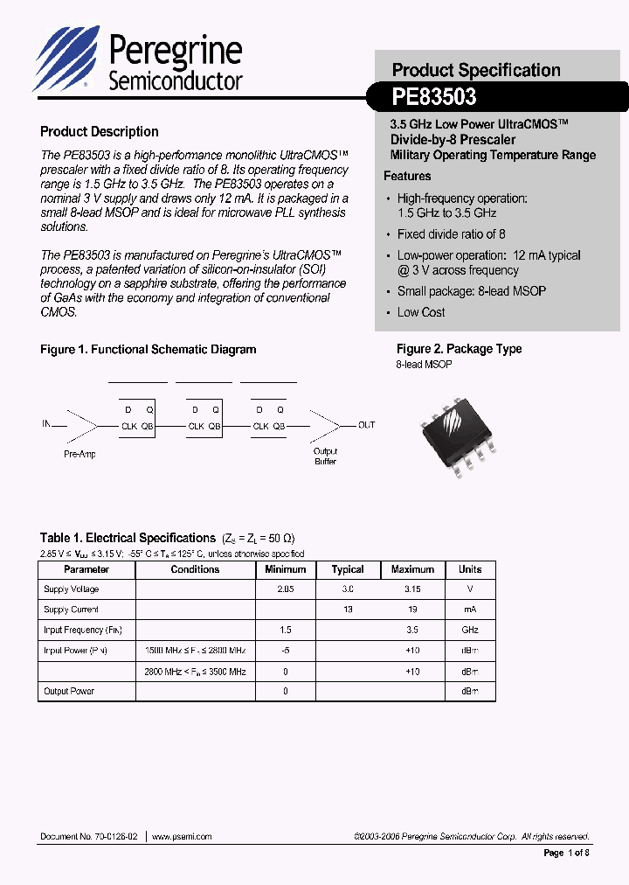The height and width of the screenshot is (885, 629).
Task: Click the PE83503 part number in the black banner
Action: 434,97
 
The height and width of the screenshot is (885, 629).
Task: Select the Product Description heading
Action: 100,132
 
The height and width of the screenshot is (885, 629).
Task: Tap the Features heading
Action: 407,176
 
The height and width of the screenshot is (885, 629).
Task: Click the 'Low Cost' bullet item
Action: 421,312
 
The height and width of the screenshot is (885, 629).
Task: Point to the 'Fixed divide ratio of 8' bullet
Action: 451,234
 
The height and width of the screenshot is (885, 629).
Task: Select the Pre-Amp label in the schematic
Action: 79,455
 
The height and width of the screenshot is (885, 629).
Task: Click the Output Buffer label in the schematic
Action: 325,456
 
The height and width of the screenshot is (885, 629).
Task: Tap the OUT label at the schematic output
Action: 366,425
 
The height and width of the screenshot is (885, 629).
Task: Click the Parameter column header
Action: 86,569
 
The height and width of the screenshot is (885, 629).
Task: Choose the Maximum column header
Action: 412,569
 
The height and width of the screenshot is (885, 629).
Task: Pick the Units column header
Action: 470,569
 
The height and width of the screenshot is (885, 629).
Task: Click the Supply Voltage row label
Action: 72,589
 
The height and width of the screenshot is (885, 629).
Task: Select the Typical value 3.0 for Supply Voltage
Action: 348,589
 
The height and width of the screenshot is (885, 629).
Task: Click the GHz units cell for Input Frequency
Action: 470,630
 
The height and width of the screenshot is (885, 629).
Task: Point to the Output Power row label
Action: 69,691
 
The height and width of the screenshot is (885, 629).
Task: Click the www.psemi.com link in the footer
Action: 182,837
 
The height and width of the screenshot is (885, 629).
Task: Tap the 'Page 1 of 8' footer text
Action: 567,853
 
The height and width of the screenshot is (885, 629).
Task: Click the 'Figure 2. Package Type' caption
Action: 459,349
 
